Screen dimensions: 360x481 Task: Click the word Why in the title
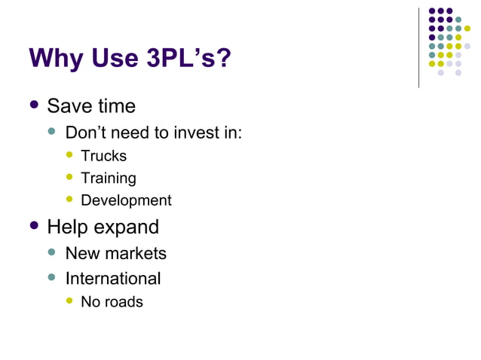(x=54, y=59)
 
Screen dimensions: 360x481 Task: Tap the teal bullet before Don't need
(x=52, y=132)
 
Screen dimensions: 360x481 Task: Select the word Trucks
(x=104, y=156)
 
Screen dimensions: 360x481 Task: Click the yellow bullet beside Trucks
(x=70, y=154)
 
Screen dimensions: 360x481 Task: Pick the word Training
(x=109, y=178)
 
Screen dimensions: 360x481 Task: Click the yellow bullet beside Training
(x=70, y=177)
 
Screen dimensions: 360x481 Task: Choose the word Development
(x=126, y=200)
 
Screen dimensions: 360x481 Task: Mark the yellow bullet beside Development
(x=70, y=199)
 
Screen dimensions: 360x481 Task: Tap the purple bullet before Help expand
(x=34, y=225)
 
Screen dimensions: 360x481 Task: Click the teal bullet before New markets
(x=52, y=252)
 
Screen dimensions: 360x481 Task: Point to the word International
(x=113, y=279)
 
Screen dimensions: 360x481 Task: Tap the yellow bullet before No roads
(x=70, y=301)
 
